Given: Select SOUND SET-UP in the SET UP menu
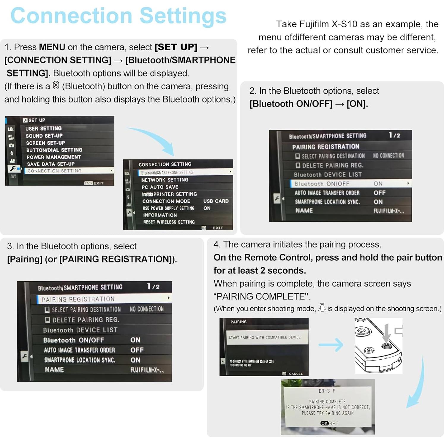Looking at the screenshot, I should click(x=44, y=136).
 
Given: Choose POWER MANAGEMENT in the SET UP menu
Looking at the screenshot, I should click(x=53, y=157).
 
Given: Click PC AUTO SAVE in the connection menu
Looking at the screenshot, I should click(x=160, y=187).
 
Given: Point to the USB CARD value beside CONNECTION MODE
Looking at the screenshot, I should click(x=216, y=201).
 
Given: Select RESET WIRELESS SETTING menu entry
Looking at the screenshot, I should click(x=169, y=222).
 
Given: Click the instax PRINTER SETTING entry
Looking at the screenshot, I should click(x=169, y=194).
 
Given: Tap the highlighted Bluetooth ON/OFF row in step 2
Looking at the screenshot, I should click(x=350, y=184).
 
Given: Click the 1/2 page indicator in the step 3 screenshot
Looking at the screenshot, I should click(x=153, y=287).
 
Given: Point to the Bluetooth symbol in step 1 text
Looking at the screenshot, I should click(x=56, y=86).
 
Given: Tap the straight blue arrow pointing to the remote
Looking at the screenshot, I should click(x=331, y=345).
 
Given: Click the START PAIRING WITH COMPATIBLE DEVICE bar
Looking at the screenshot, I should click(x=264, y=338).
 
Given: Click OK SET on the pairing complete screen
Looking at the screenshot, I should click(x=329, y=423).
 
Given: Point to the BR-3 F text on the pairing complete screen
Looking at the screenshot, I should click(x=327, y=391).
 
